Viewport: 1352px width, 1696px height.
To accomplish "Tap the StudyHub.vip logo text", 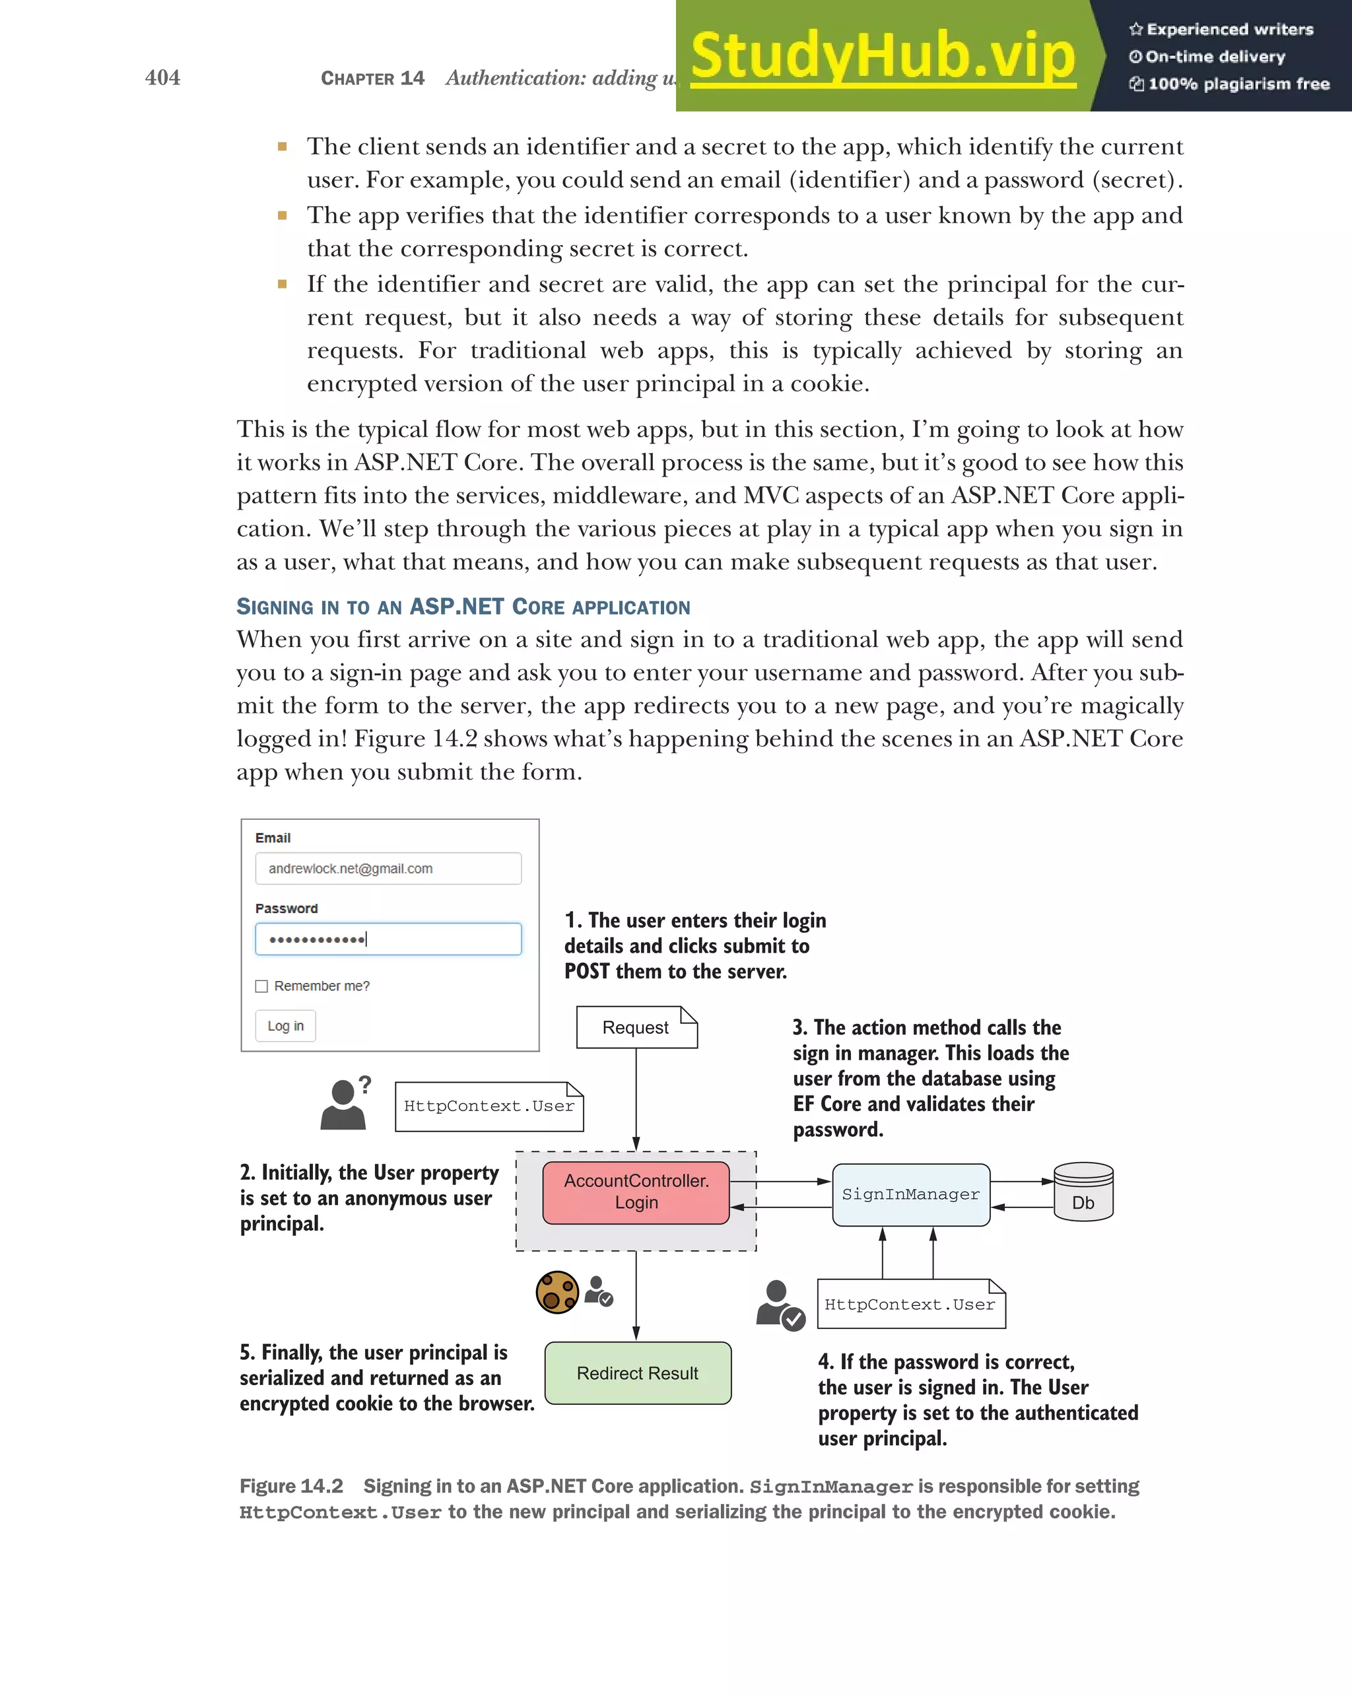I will [883, 57].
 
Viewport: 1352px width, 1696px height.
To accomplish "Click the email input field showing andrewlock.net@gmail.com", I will [388, 868].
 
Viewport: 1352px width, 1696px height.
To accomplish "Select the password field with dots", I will [388, 939].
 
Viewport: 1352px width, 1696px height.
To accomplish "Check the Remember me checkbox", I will [262, 986].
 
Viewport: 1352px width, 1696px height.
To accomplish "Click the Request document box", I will [636, 1027].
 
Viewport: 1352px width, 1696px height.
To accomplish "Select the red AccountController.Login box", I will [636, 1192].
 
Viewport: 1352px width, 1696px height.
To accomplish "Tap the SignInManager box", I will [911, 1194].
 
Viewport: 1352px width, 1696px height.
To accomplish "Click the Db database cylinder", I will [1083, 1192].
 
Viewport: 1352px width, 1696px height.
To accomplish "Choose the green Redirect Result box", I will [638, 1373].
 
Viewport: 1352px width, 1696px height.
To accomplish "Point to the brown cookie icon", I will [557, 1293].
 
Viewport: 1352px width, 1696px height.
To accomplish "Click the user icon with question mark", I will [345, 1104].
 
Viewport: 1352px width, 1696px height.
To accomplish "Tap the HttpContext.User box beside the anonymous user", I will [489, 1106].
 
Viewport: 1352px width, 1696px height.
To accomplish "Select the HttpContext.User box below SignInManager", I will [911, 1305].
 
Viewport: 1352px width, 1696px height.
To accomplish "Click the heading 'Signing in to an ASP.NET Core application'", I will [463, 607].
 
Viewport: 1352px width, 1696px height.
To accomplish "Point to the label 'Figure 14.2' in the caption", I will [291, 1486].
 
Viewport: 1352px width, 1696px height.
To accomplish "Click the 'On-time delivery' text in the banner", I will [1215, 57].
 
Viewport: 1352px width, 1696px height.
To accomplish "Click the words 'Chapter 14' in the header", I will [373, 78].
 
